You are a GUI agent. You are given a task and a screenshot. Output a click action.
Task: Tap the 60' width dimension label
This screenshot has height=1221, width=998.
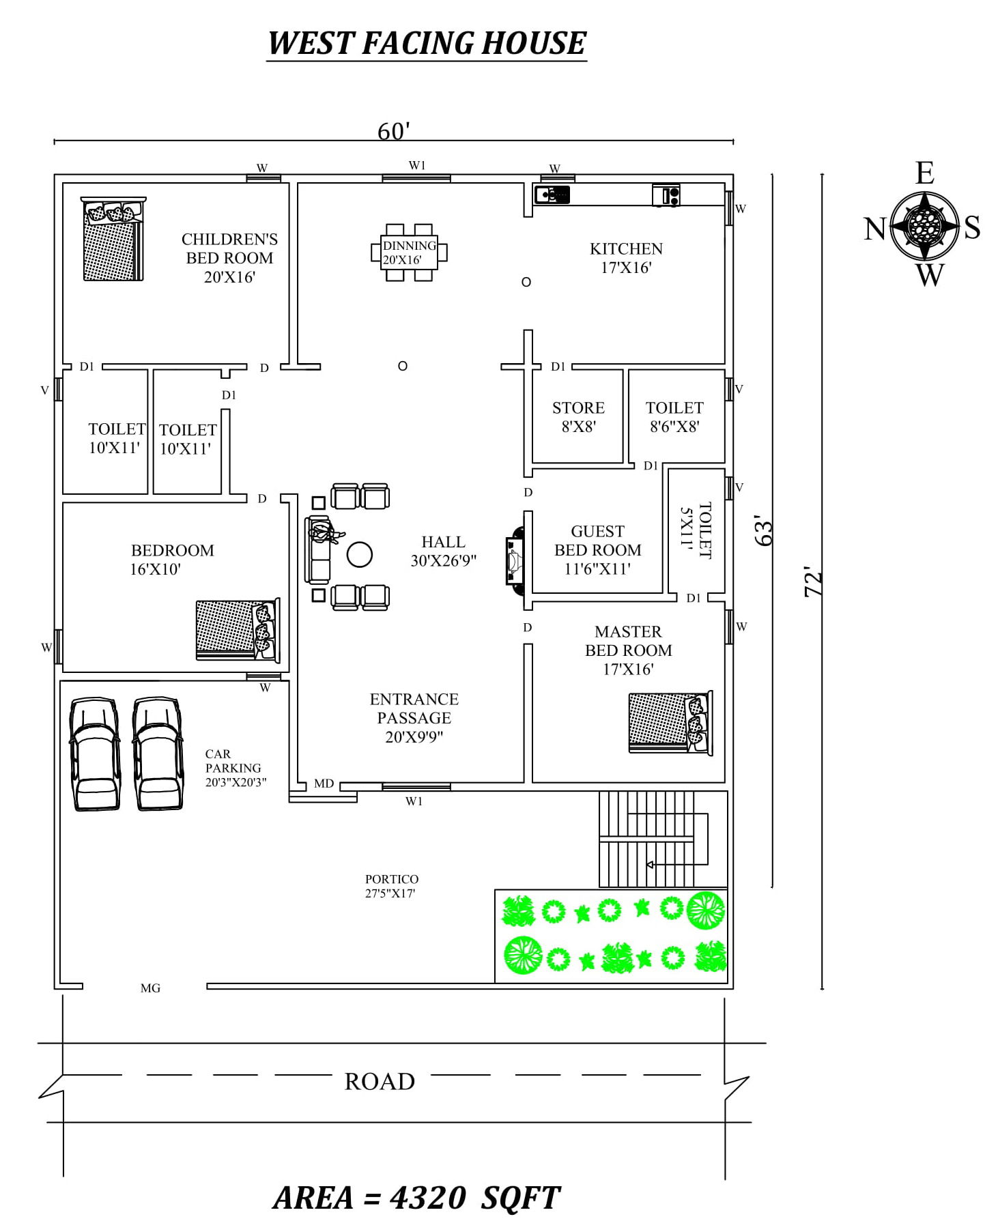(393, 130)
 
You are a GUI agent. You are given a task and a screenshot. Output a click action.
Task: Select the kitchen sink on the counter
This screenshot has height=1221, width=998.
(552, 195)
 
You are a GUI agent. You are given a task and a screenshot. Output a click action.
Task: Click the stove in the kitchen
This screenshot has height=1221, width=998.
(666, 195)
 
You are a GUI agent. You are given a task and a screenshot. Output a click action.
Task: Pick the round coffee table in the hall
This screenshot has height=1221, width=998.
(359, 555)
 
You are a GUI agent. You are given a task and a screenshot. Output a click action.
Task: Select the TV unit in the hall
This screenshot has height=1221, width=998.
(514, 560)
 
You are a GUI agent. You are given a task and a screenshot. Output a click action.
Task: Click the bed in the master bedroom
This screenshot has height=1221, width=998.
(670, 723)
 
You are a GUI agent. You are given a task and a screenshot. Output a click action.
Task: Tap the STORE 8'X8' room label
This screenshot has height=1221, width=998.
(578, 417)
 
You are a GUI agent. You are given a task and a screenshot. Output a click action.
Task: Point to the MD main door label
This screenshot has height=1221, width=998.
(324, 784)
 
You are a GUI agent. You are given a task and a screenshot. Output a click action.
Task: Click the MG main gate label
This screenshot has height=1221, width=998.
(150, 988)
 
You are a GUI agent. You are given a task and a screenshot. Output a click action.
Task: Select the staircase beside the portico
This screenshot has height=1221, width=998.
(652, 839)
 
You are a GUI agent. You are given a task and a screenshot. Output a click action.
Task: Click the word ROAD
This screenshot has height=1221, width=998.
(380, 1082)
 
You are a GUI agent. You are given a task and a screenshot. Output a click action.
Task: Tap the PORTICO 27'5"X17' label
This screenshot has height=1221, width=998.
(391, 886)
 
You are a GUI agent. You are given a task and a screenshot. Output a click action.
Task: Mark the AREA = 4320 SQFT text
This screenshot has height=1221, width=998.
(416, 1198)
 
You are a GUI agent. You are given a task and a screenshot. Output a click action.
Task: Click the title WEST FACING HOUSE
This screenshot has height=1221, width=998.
(427, 43)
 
